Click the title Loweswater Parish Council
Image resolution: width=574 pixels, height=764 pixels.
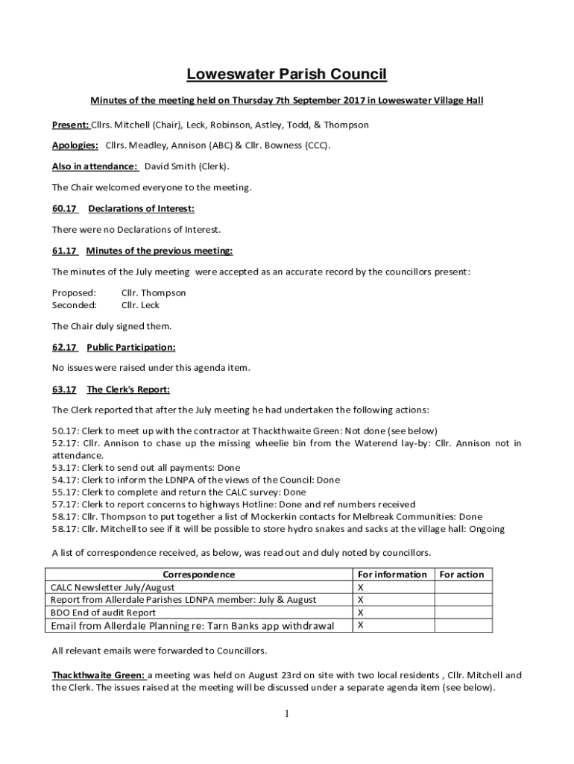(287, 74)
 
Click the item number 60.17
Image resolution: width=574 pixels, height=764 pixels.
(64, 208)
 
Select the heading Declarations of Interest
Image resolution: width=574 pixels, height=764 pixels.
(141, 208)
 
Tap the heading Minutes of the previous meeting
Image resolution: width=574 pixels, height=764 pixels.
(160, 251)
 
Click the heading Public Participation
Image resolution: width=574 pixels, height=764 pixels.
(131, 347)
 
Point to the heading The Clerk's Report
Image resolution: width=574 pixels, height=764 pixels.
(128, 389)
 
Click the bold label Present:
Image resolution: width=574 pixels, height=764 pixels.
(70, 125)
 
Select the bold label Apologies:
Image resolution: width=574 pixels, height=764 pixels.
(75, 145)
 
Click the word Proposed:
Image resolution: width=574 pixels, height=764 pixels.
(74, 293)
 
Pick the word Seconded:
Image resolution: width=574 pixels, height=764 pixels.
(74, 305)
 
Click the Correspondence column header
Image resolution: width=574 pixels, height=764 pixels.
(199, 574)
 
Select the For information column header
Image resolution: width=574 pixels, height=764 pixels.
(392, 574)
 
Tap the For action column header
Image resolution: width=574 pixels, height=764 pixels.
(461, 574)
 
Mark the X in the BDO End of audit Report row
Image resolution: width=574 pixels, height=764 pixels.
(361, 613)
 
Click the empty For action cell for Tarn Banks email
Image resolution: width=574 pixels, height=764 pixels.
(461, 626)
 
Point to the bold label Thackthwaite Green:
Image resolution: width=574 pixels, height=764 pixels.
(98, 675)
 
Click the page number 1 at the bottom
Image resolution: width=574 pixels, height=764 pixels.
(287, 714)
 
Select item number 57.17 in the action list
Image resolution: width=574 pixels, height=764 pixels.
(64, 504)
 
